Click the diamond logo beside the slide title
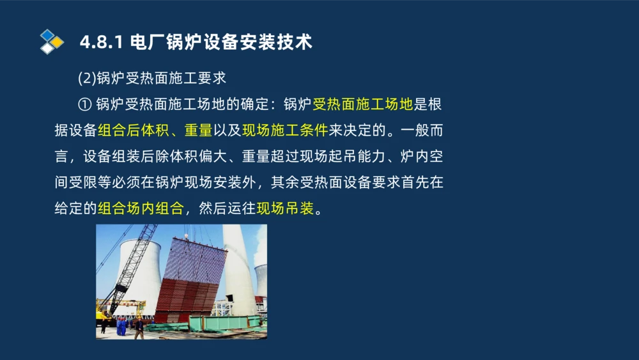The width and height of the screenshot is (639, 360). click(52, 42)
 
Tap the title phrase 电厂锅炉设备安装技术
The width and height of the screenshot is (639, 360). click(220, 43)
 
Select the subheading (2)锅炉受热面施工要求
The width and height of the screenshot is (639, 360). click(152, 78)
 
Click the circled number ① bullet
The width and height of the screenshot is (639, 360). click(85, 104)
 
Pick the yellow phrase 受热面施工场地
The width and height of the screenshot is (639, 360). click(363, 104)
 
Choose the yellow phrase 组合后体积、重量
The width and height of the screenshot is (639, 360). click(155, 130)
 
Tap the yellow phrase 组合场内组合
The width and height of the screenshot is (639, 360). click(141, 208)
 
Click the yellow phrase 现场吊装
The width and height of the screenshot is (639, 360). click(286, 208)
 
